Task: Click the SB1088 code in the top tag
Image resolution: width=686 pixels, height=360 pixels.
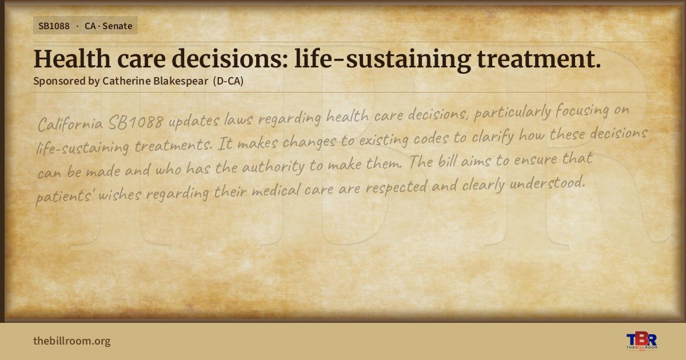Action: pyautogui.click(x=54, y=26)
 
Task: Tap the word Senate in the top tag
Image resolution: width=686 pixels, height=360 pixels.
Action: pyautogui.click(x=117, y=26)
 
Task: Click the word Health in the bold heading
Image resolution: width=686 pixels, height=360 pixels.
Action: pyautogui.click(x=72, y=59)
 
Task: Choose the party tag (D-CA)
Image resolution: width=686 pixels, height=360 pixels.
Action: pyautogui.click(x=229, y=81)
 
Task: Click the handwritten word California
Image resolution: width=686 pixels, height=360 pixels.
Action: pyautogui.click(x=70, y=124)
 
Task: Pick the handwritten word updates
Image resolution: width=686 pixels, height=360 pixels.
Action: pyautogui.click(x=194, y=121)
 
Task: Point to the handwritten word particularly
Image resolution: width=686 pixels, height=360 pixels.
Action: pyautogui.click(x=512, y=113)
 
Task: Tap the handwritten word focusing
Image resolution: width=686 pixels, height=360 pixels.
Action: pyautogui.click(x=582, y=110)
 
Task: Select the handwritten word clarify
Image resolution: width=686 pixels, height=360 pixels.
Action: pyautogui.click(x=492, y=137)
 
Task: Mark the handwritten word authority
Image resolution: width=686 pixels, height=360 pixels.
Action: pyautogui.click(x=273, y=166)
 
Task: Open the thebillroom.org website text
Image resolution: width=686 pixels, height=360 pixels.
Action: pyautogui.click(x=72, y=341)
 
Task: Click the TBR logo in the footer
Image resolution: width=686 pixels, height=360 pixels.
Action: pyautogui.click(x=641, y=341)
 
